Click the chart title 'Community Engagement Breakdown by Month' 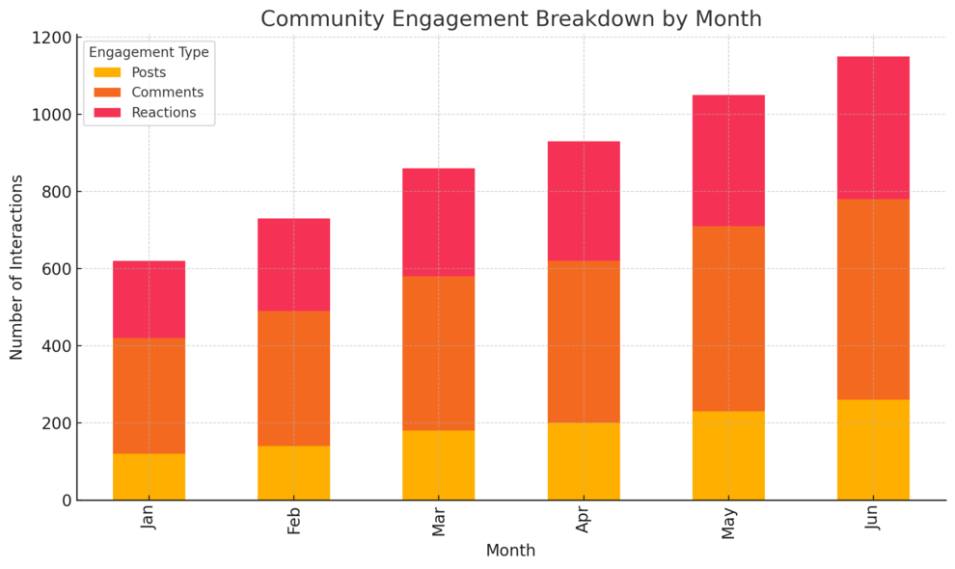click(x=510, y=18)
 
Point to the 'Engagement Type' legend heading click(x=149, y=52)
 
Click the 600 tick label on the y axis click(x=55, y=269)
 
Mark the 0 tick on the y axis click(x=65, y=501)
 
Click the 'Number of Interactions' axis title click(x=17, y=268)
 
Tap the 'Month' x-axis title click(x=510, y=551)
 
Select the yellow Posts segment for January click(x=149, y=476)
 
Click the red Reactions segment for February click(x=293, y=264)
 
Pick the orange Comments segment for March click(x=439, y=353)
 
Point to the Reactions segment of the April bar click(x=584, y=201)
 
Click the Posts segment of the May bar click(x=728, y=455)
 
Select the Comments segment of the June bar click(x=873, y=299)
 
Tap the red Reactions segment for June click(x=873, y=127)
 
